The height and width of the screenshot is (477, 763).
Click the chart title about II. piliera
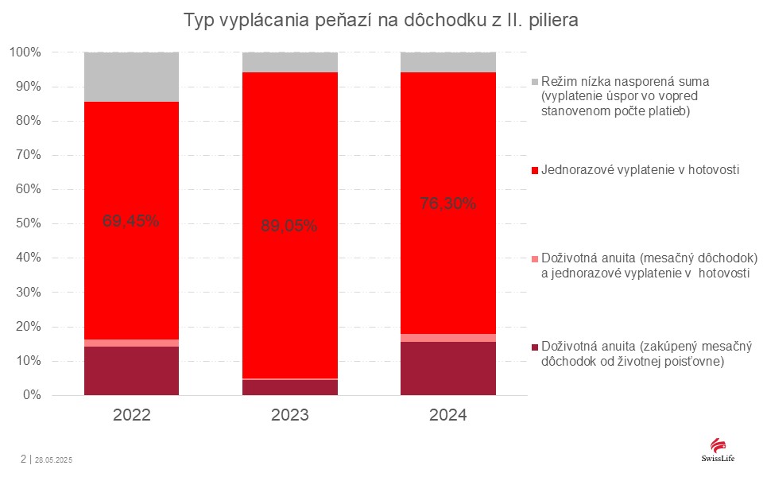[381, 21]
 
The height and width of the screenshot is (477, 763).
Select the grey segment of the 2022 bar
[131, 77]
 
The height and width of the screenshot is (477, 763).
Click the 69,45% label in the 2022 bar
[131, 221]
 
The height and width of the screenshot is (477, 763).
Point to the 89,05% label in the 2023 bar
[289, 226]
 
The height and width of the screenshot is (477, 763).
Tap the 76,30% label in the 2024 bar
[447, 204]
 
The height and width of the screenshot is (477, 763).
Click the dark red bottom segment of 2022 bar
[131, 371]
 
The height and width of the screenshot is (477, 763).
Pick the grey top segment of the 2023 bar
[289, 62]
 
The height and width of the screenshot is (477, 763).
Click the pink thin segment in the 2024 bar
[447, 338]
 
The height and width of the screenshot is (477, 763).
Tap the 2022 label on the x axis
[131, 415]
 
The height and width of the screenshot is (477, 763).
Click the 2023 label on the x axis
[289, 415]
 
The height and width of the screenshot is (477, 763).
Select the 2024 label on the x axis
[447, 415]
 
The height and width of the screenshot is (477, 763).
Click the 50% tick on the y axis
[26, 224]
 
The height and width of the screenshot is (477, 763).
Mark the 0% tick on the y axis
[29, 395]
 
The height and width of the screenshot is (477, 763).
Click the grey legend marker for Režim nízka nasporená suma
[535, 82]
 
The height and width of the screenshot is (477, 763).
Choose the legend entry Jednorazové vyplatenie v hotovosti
[641, 170]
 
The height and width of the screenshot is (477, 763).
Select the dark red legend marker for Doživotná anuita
[535, 347]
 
